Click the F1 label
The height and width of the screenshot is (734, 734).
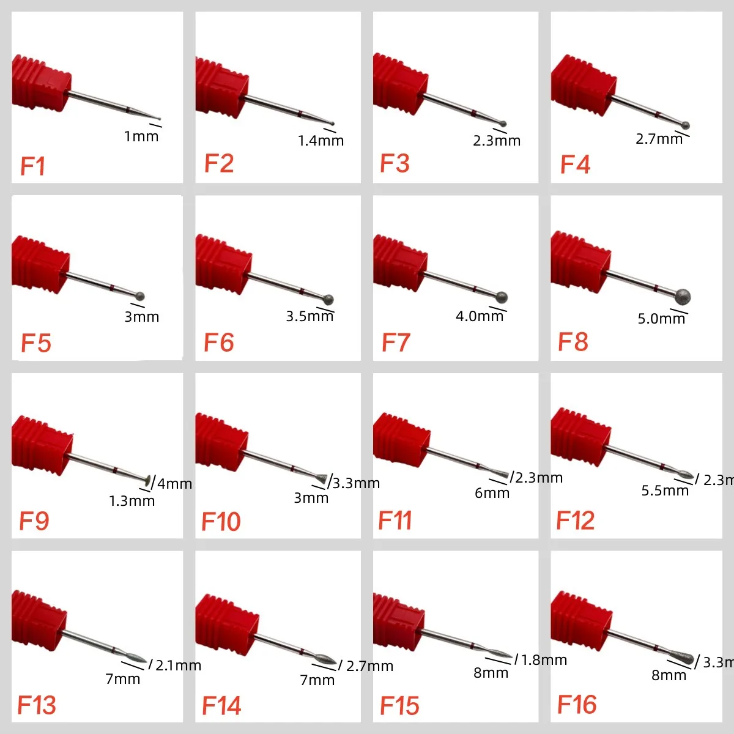pyautogui.click(x=33, y=166)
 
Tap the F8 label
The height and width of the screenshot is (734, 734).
pyautogui.click(x=573, y=342)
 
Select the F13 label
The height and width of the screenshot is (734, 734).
pyautogui.click(x=37, y=705)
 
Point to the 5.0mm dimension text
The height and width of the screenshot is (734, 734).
pyautogui.click(x=661, y=319)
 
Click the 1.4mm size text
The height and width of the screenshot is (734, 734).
pyautogui.click(x=321, y=141)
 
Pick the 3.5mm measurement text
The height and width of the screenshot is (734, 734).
pyautogui.click(x=310, y=316)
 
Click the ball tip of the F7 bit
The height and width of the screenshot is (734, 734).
pyautogui.click(x=502, y=298)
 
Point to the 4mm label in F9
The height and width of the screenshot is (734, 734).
pyautogui.click(x=174, y=484)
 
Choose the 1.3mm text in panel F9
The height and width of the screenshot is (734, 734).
pyautogui.click(x=132, y=501)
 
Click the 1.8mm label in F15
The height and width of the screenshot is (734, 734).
pyautogui.click(x=544, y=660)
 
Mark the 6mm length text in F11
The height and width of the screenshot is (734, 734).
pyautogui.click(x=492, y=493)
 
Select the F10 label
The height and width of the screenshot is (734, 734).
pyautogui.click(x=221, y=522)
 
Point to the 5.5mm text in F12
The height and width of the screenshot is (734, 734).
pyautogui.click(x=664, y=491)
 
